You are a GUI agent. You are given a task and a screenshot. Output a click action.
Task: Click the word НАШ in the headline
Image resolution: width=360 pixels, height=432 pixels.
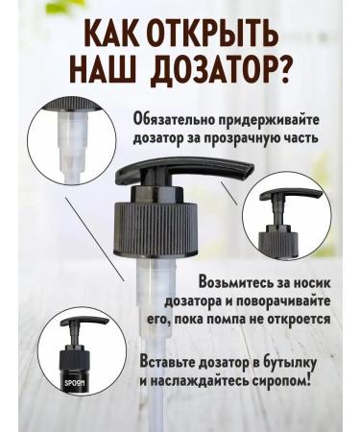pyautogui.click(x=103, y=70)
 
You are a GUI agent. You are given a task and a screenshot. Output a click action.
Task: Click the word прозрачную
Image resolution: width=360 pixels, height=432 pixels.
pyautogui.click(x=239, y=139)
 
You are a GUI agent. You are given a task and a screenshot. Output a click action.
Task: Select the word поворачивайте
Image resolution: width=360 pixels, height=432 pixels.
pyautogui.click(x=282, y=301)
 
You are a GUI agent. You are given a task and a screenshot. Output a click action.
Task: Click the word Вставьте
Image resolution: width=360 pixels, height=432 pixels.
pyautogui.click(x=167, y=363)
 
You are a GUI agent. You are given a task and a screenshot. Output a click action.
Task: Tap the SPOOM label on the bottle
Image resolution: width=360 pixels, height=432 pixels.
pyautogui.click(x=75, y=383)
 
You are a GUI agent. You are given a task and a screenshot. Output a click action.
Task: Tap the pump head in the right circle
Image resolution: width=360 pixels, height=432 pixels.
pyautogui.click(x=290, y=195)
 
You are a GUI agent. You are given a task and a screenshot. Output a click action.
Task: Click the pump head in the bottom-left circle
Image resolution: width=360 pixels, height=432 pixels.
pyautogui.click(x=84, y=322)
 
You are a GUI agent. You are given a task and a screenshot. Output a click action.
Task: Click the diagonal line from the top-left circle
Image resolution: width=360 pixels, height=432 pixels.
pyautogui.click(x=94, y=239)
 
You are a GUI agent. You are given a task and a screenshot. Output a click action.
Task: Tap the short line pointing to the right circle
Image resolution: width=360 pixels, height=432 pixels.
pyautogui.click(x=229, y=194)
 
